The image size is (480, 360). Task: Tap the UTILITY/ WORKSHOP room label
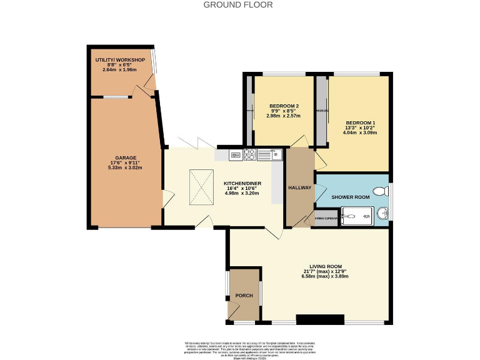pos(120,59)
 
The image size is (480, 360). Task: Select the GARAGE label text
pos(125,157)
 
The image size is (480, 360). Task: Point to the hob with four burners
pos(249,154)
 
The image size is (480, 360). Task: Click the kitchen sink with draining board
pos(270,154)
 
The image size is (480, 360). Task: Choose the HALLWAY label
pos(300,187)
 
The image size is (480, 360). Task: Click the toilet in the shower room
pos(380,192)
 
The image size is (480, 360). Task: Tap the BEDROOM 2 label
pos(283,105)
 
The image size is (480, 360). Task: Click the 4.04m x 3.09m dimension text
pos(361,132)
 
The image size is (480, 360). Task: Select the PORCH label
pos(243,296)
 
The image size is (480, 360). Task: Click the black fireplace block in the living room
pos(320,319)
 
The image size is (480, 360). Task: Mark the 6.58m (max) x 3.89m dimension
pos(324,277)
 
